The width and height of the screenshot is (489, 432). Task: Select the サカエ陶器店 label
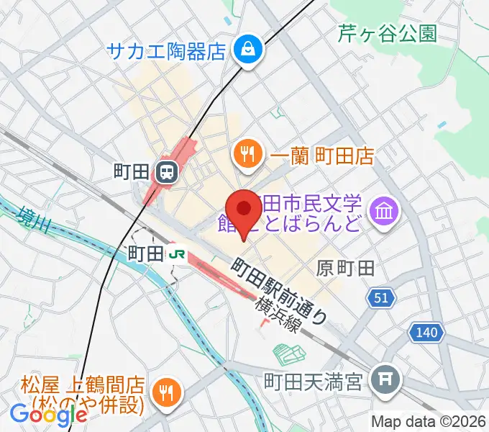point(167,50)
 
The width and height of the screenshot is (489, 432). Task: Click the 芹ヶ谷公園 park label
point(387,34)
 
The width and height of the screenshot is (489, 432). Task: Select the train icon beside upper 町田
point(166,172)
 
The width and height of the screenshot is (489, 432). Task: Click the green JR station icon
point(175,253)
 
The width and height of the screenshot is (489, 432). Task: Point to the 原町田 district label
point(345,269)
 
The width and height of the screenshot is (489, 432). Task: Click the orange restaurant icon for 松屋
point(167,391)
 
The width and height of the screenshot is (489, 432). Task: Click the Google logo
point(48,415)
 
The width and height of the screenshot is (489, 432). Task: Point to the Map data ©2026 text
point(429,421)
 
